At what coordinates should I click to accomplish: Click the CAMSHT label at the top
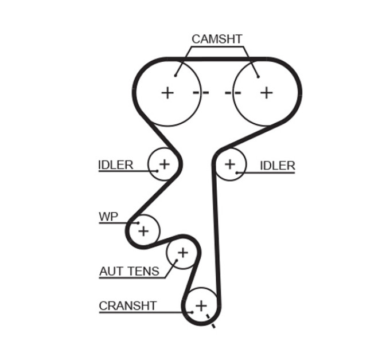click(217, 39)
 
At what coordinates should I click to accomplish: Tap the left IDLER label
click(116, 165)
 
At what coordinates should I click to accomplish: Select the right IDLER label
click(278, 166)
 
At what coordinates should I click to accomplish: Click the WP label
click(108, 217)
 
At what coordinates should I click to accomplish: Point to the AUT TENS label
click(130, 271)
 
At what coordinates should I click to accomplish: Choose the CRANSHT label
click(128, 306)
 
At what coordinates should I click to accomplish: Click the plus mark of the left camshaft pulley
click(167, 93)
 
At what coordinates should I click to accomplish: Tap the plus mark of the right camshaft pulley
click(267, 93)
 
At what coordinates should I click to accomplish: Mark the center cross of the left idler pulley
click(164, 164)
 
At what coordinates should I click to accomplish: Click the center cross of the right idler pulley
click(230, 164)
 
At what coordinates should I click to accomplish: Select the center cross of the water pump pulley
click(143, 231)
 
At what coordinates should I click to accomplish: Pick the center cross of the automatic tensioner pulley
click(183, 253)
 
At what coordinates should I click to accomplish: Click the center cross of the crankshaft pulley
click(201, 305)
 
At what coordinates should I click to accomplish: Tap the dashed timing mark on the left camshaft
click(201, 93)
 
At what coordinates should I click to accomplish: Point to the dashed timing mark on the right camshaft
click(233, 93)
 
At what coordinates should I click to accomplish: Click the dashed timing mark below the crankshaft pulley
click(210, 321)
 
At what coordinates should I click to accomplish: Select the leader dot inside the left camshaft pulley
click(175, 76)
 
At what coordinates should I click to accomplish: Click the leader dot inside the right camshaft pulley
click(259, 77)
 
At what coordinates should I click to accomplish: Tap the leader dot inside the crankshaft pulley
click(192, 312)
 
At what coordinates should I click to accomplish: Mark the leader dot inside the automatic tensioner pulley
click(177, 260)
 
